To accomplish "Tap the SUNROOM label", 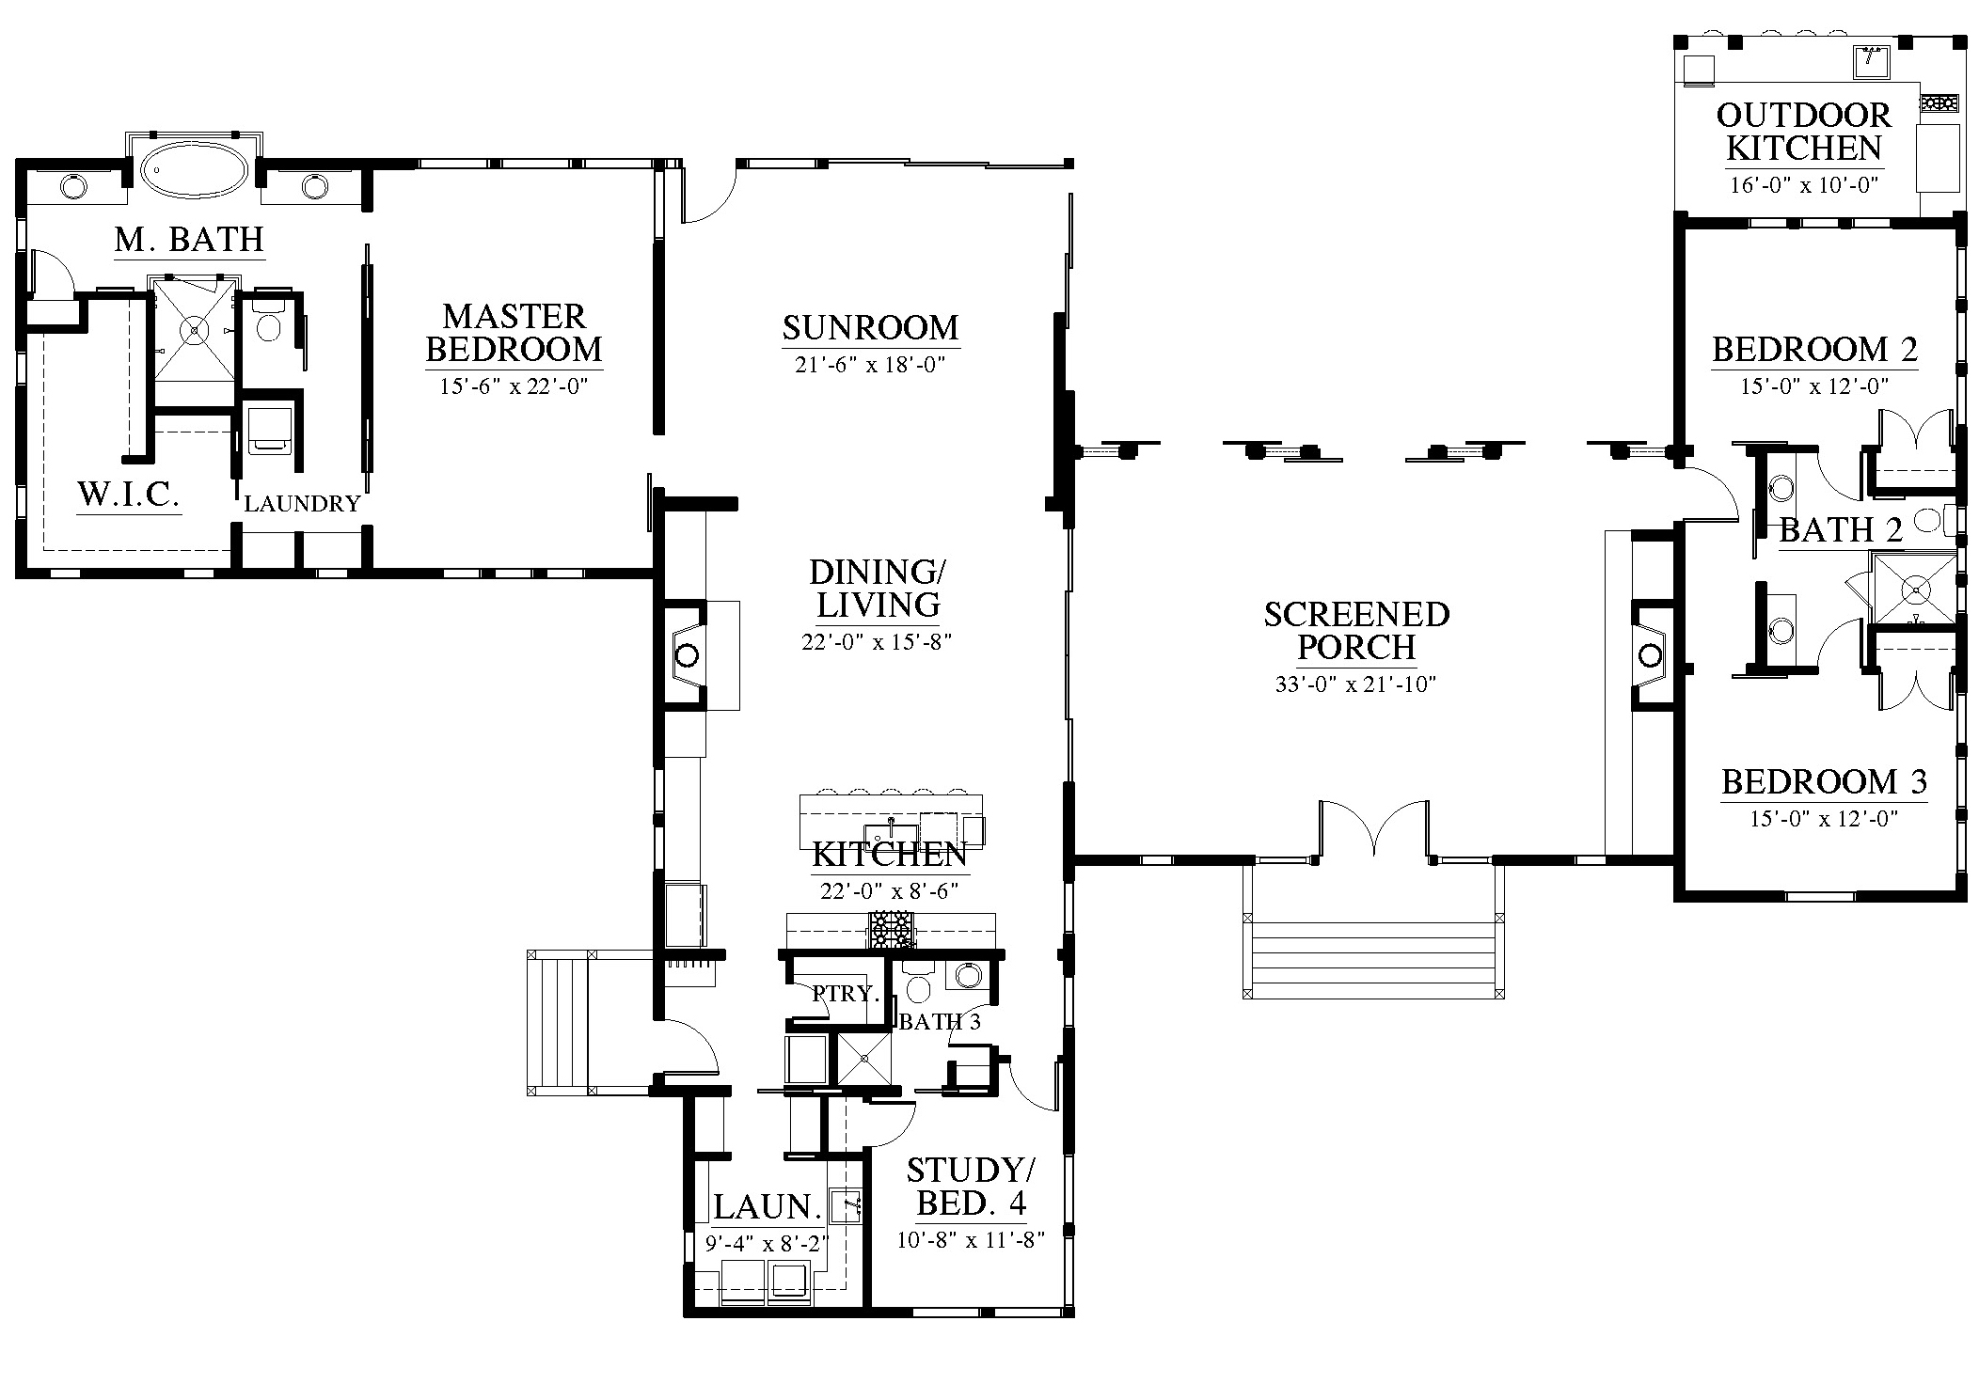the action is click(870, 327).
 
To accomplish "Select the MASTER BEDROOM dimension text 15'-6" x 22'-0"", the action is click(514, 385).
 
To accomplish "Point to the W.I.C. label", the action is click(129, 493).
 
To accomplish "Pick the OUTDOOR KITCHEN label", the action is click(1803, 132).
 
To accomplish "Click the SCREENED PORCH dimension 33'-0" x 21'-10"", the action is click(1355, 684).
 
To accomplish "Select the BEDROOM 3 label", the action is click(1824, 781).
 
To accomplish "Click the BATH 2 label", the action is click(1841, 530).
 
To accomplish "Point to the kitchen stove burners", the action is click(890, 929).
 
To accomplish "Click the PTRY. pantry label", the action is click(845, 993).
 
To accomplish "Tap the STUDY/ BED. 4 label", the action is click(971, 1187).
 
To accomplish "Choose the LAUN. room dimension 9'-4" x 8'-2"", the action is click(767, 1244).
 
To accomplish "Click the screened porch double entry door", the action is click(1374, 828).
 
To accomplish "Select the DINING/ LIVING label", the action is click(878, 589).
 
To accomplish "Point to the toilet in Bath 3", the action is click(917, 983).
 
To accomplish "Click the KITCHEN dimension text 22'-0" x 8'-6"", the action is click(889, 890).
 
